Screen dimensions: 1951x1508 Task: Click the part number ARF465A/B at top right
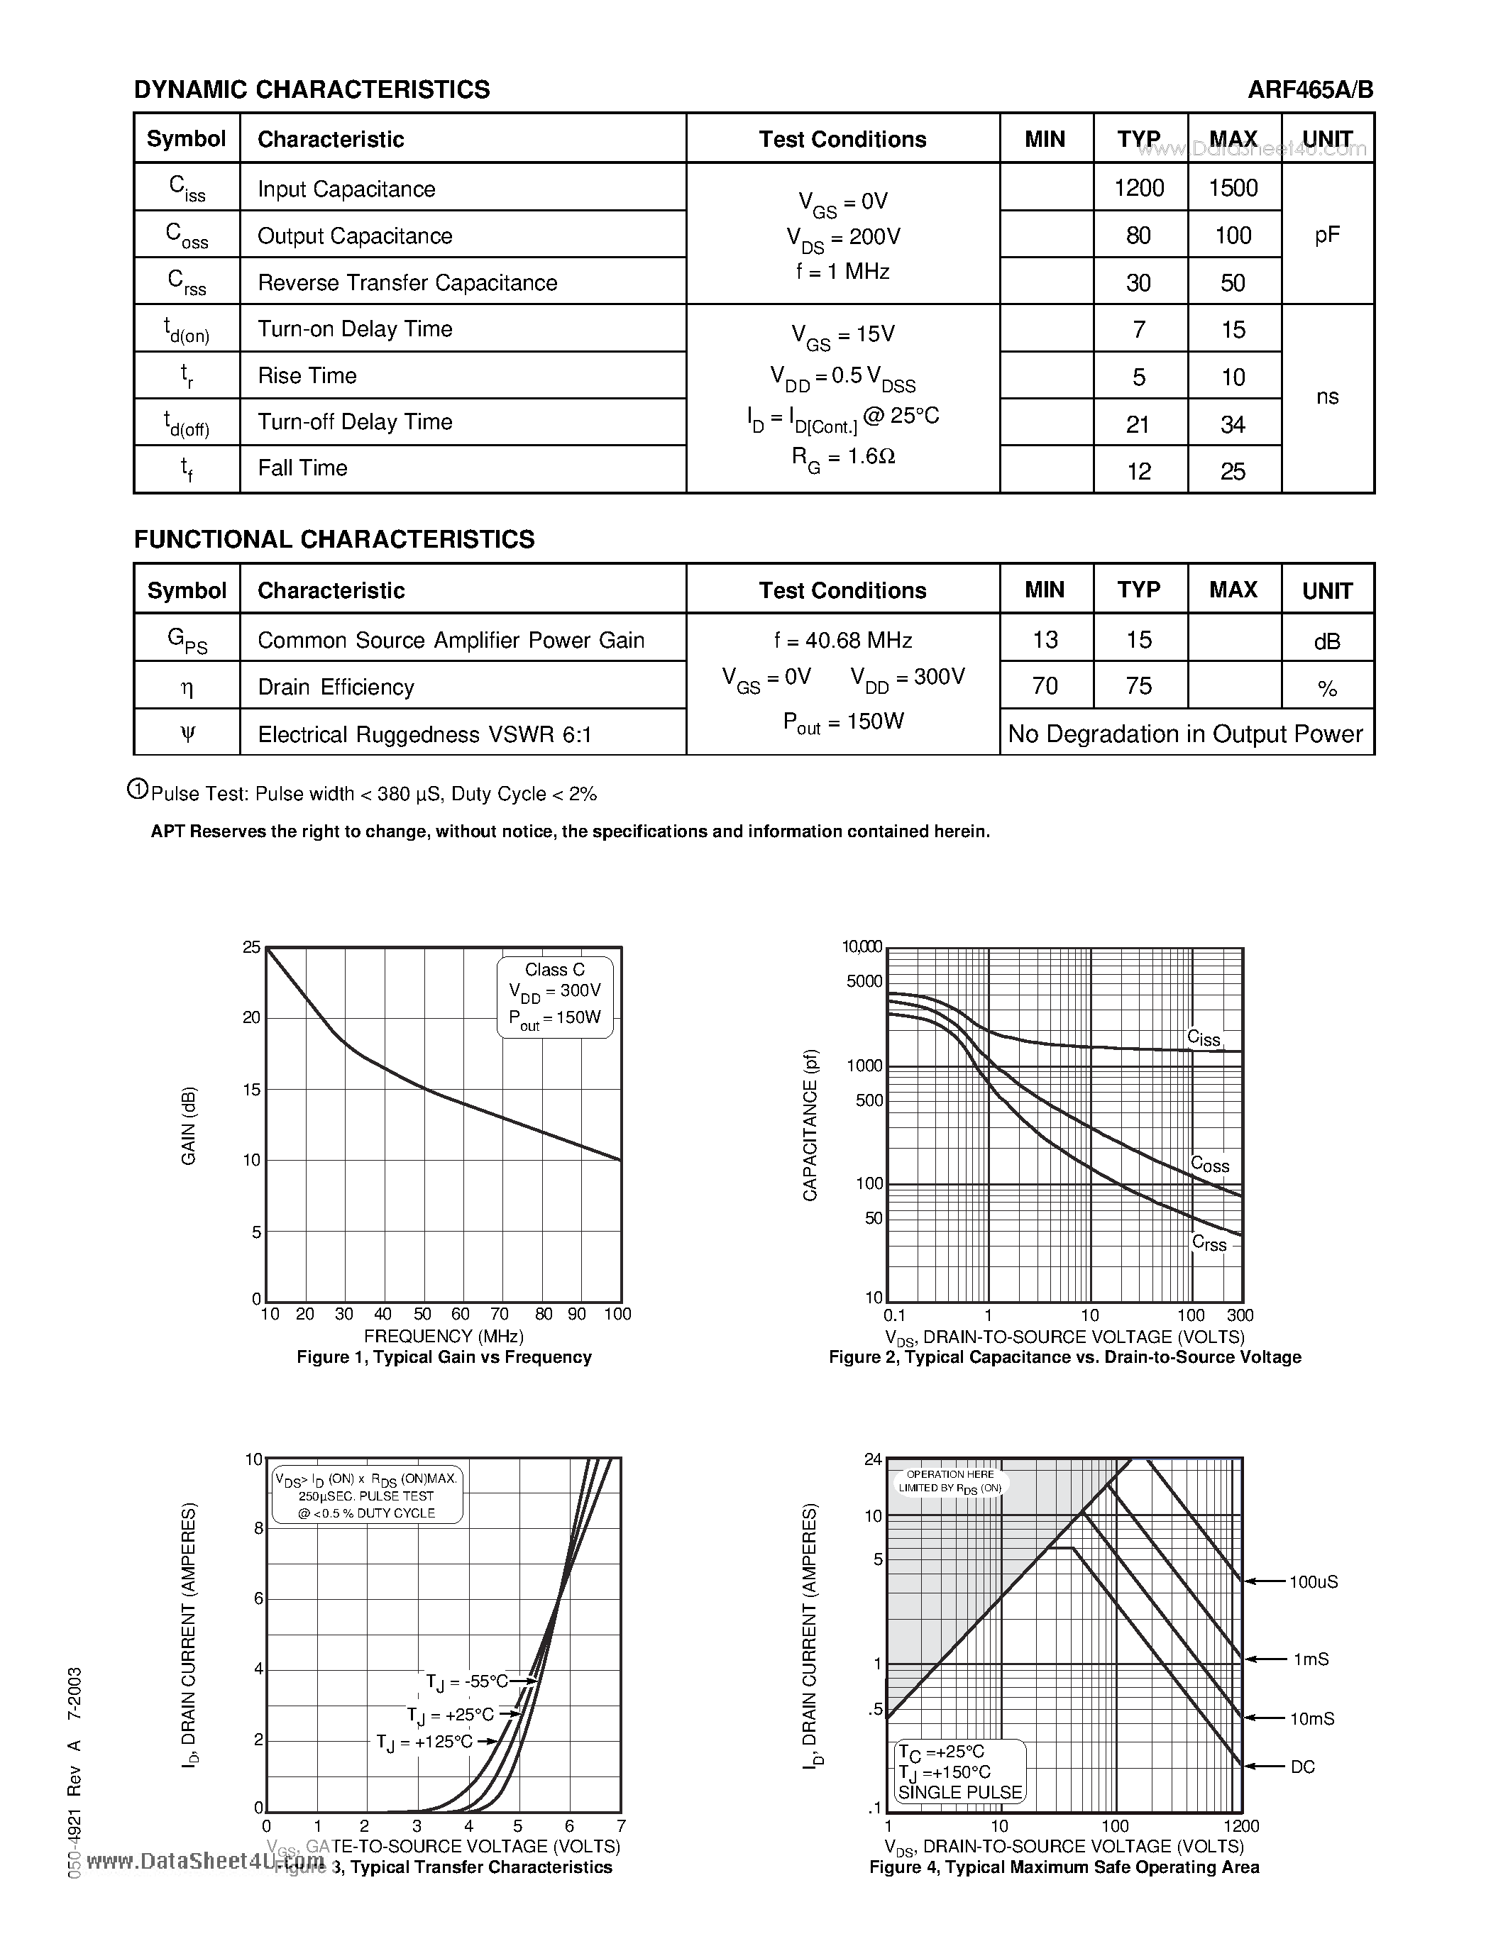point(1311,89)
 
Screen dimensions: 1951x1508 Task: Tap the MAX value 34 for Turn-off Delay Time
point(1232,424)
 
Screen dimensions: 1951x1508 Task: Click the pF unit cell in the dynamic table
point(1326,234)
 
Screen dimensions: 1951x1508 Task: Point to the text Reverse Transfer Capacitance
point(407,282)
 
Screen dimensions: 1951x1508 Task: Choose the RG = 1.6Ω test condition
point(843,458)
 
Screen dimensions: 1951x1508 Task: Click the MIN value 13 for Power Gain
point(1045,640)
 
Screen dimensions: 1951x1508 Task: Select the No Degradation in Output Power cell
point(1186,734)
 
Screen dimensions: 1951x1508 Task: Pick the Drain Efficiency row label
point(336,687)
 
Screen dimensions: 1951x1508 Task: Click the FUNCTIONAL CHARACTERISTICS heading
point(334,540)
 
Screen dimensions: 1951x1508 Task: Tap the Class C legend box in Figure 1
point(555,996)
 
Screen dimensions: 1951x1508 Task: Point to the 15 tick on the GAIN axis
point(251,1089)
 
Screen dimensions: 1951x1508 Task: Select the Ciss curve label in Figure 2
point(1204,1037)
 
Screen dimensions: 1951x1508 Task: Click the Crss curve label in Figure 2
point(1209,1244)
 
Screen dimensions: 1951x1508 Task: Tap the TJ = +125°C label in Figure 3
point(424,1742)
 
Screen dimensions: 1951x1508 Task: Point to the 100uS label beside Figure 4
point(1312,1582)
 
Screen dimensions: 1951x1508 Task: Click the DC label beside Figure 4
point(1302,1767)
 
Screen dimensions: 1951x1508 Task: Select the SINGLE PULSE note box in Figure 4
point(959,1772)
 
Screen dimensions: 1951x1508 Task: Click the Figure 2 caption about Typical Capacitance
point(1064,1357)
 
